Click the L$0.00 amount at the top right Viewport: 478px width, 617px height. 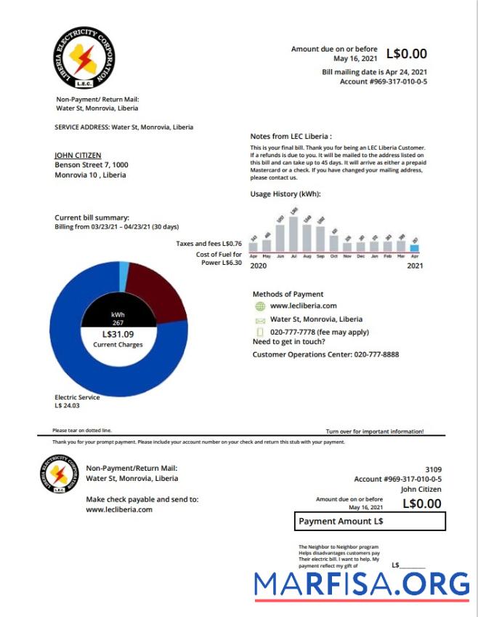(x=406, y=53)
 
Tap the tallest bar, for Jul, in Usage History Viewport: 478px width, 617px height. (x=293, y=234)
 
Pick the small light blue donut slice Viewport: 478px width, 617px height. (x=124, y=271)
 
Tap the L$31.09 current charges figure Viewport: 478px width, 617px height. (x=118, y=335)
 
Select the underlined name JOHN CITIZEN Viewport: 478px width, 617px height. (x=78, y=155)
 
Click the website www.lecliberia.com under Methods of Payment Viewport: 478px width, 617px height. (x=303, y=306)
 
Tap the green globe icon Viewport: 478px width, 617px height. (x=260, y=306)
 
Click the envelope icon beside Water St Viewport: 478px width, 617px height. (x=260, y=319)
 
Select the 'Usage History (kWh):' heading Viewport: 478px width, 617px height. (x=285, y=194)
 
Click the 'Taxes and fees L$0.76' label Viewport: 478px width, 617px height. (x=208, y=244)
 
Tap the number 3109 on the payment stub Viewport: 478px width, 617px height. (x=432, y=469)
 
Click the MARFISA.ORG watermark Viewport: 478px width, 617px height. (x=362, y=584)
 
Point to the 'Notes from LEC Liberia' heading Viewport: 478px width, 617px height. (x=291, y=136)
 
